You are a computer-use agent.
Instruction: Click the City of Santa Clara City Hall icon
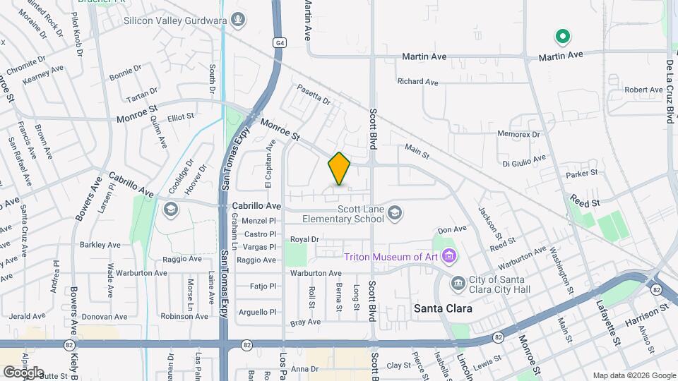click(458, 283)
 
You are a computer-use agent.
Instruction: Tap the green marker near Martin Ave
click(562, 36)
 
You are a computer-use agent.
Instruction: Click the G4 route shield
click(280, 43)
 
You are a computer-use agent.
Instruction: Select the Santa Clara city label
click(442, 309)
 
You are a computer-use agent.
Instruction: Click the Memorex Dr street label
click(518, 134)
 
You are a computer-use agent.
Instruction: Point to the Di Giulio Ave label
click(524, 161)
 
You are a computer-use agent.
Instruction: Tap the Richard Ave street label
click(417, 82)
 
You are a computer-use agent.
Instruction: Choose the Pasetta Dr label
click(314, 94)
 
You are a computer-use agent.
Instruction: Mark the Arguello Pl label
click(258, 312)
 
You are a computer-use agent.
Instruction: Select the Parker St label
click(582, 172)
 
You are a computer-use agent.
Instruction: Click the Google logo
click(23, 372)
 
